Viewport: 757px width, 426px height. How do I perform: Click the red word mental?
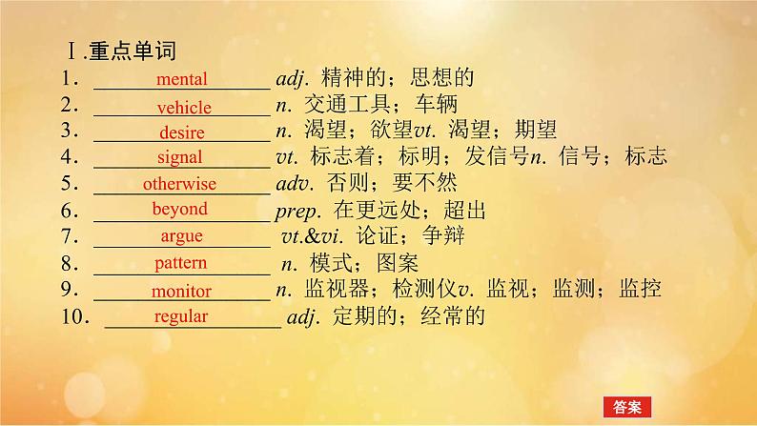(181, 79)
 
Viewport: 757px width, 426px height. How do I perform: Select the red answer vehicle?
(184, 107)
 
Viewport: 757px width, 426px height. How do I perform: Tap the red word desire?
(182, 132)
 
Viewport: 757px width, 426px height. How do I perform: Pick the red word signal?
(179, 157)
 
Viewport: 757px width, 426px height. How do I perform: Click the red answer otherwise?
(179, 183)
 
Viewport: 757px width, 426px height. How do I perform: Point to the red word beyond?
(179, 209)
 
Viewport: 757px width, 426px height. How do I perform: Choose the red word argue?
(181, 236)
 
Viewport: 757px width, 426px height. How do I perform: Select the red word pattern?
(180, 263)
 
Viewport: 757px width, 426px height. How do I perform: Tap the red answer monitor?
(181, 291)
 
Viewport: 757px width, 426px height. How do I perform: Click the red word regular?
(181, 316)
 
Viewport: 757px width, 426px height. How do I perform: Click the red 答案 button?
(627, 407)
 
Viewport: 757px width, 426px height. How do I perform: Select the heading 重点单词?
(133, 51)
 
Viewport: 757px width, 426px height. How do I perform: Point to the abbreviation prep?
(297, 212)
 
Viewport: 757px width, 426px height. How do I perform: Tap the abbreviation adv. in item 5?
(295, 183)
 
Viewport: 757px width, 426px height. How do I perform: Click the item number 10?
(75, 317)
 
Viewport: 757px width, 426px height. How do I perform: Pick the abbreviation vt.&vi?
(313, 236)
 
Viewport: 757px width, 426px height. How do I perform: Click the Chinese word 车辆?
(437, 104)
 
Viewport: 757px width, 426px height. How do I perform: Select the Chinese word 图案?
(398, 263)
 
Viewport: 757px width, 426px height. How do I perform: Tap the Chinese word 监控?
(640, 289)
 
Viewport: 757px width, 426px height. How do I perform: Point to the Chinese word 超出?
(464, 211)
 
